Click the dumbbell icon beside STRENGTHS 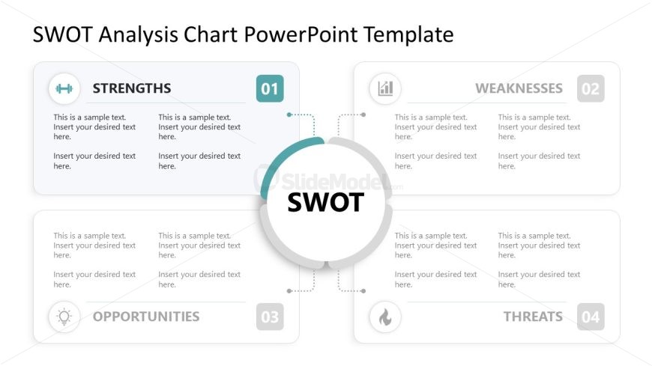tap(64, 88)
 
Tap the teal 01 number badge tap(270, 88)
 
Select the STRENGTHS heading tap(132, 88)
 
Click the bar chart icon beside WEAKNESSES tap(385, 88)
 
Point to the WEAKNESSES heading tap(519, 88)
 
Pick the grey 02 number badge tap(591, 88)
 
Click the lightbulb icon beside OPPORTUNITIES tap(64, 317)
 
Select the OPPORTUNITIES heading tap(146, 317)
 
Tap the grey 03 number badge tap(270, 317)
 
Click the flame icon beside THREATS tap(385, 317)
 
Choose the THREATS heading tap(533, 317)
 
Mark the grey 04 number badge tap(591, 317)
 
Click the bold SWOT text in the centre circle tap(325, 202)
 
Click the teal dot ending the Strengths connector tap(289, 115)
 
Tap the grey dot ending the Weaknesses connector tap(363, 115)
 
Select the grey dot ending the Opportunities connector tap(289, 291)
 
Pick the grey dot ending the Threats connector tap(363, 291)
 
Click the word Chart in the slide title tap(211, 34)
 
